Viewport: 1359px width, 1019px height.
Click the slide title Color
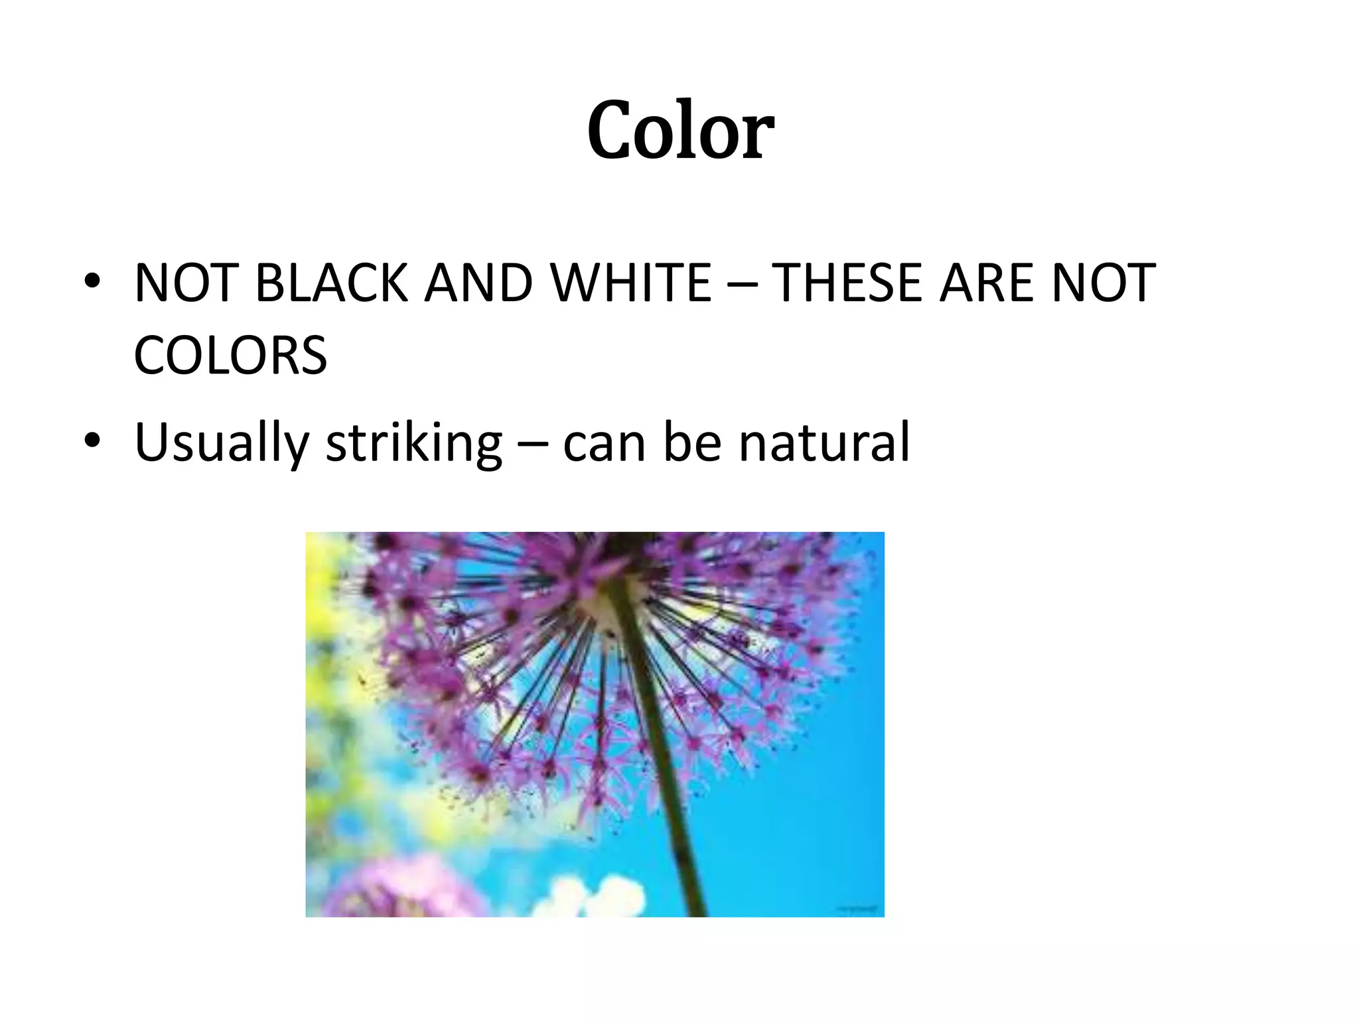680,130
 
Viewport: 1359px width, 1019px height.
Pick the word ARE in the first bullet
985,283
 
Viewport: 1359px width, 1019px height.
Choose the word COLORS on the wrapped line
230,356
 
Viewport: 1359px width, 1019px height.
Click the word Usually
222,443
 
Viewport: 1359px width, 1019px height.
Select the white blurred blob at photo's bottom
597,896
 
